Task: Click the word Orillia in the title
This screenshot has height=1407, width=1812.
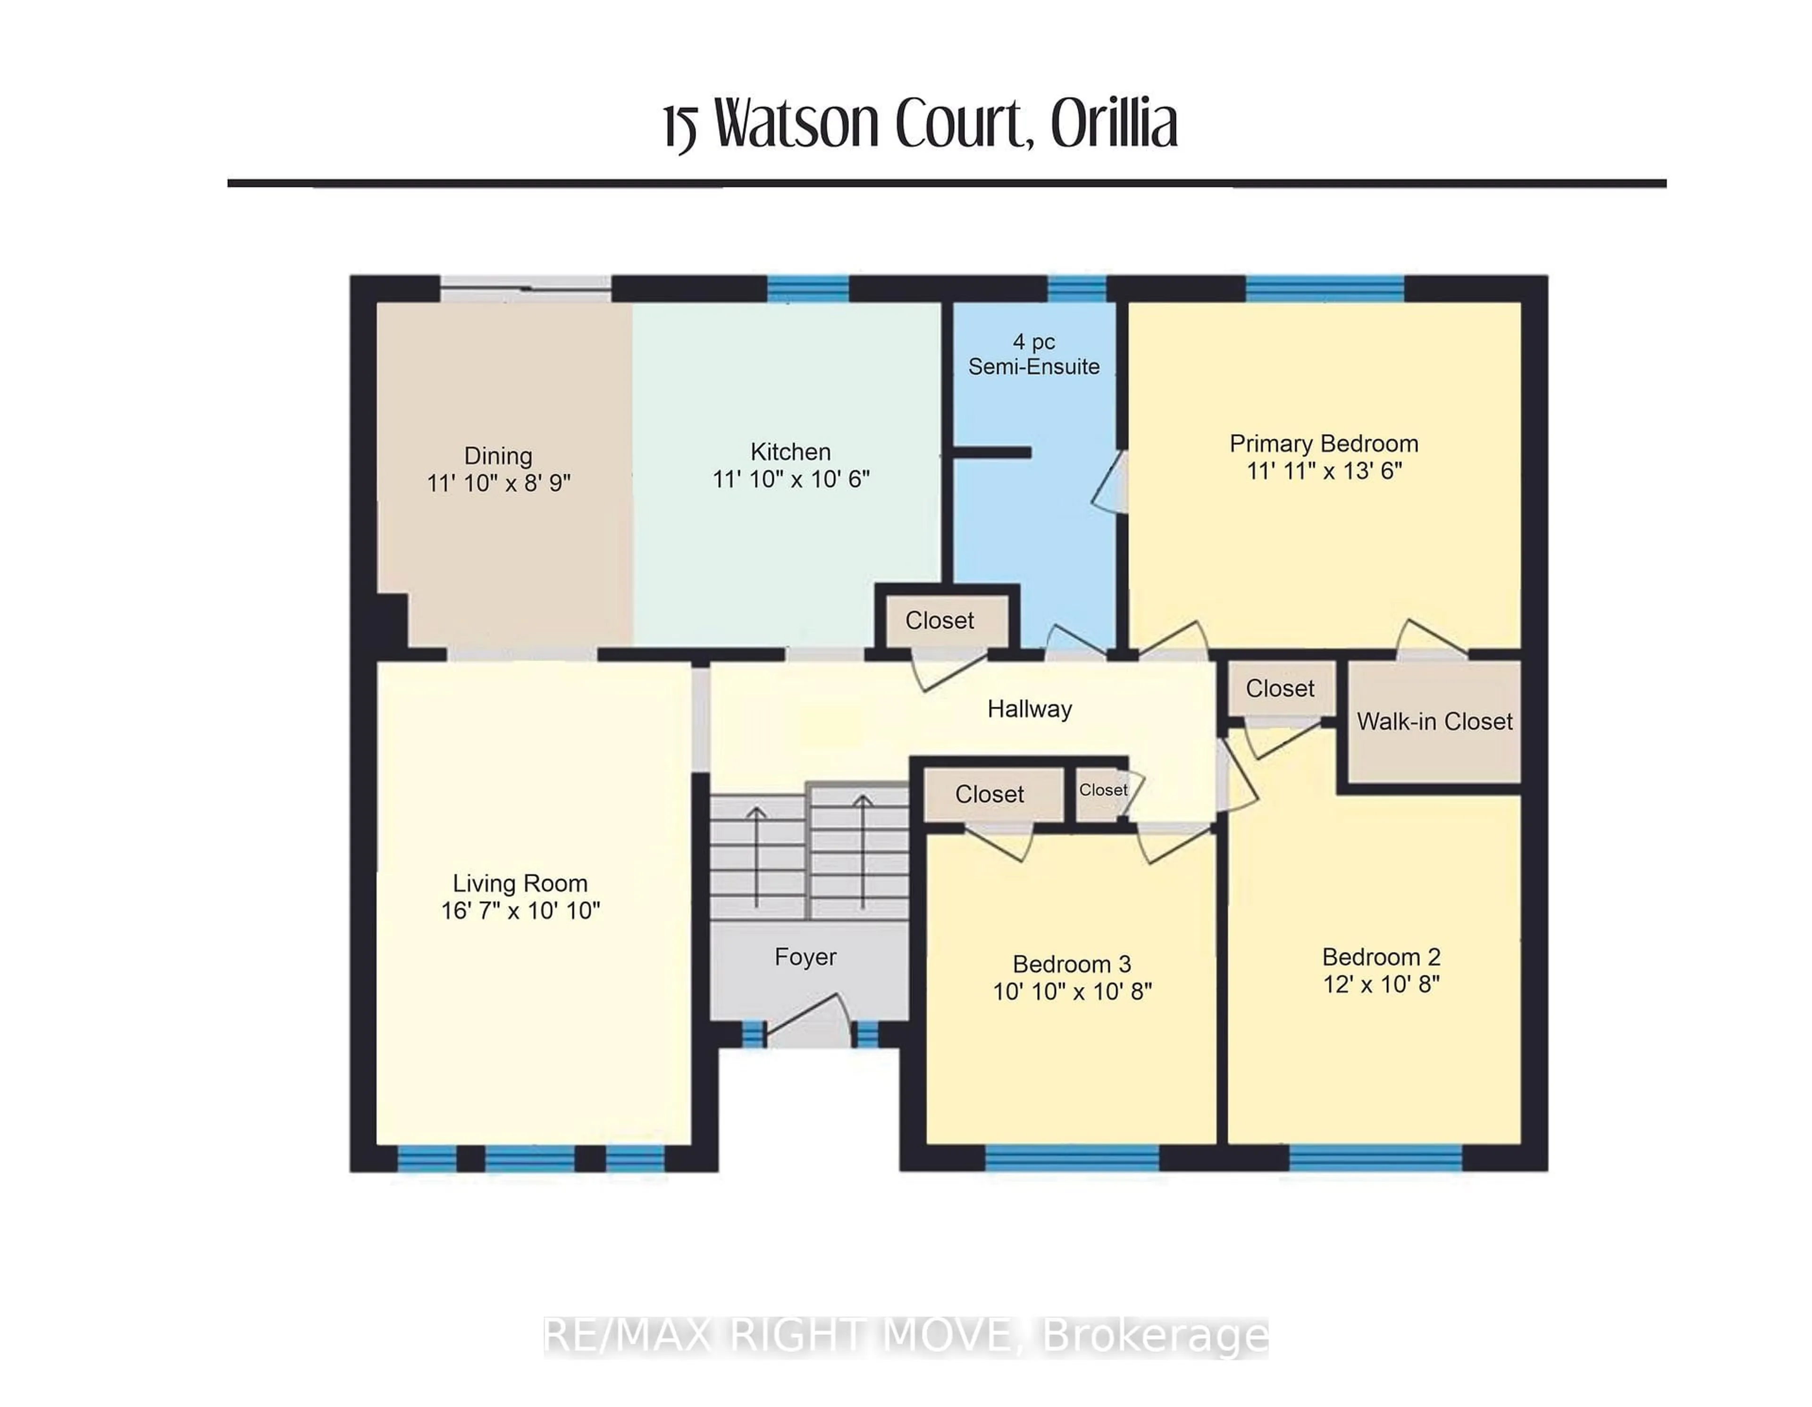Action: (1114, 125)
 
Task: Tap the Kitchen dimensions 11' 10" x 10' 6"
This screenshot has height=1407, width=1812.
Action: (791, 479)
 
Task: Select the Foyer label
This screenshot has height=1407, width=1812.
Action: (805, 956)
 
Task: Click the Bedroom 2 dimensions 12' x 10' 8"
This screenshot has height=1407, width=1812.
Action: (1381, 984)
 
